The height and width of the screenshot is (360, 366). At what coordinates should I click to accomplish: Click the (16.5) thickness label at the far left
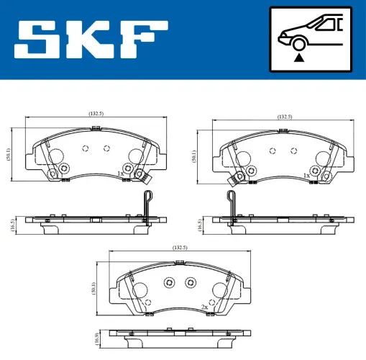click(9, 224)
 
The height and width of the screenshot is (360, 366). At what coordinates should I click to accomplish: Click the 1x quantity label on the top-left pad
click(122, 174)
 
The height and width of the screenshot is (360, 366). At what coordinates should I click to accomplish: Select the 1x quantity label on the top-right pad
click(306, 175)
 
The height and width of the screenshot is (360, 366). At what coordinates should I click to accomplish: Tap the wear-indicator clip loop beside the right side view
click(232, 199)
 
